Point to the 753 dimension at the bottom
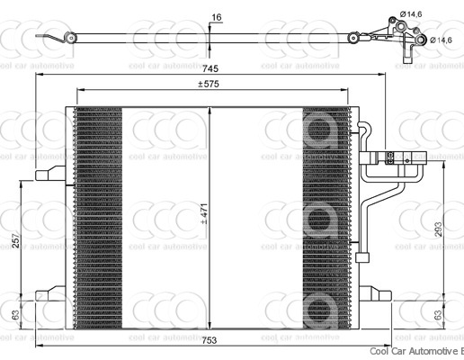210,340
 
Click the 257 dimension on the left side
16,243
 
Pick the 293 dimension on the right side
438,230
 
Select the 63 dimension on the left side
16,315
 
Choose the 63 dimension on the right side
438,315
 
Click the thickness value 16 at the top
216,17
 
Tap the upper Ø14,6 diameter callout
413,13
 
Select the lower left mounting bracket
50,294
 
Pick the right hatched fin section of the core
326,216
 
